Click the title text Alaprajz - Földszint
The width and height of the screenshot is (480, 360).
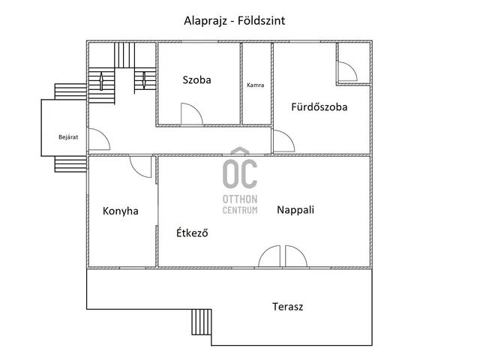[235, 21]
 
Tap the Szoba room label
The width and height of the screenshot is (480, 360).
[196, 80]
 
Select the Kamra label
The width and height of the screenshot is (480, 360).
[255, 85]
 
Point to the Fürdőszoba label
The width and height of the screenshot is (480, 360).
[319, 106]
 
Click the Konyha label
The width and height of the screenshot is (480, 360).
[121, 211]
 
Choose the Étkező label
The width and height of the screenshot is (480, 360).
[192, 232]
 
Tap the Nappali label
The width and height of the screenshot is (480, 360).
[295, 210]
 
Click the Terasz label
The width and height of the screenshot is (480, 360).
[288, 307]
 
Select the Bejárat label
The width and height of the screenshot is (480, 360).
[68, 137]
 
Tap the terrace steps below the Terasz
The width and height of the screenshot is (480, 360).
[202, 322]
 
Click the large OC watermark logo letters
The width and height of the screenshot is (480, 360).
[240, 173]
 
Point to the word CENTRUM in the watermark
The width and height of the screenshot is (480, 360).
[240, 210]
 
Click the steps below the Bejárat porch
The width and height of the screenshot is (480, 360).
[70, 164]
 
